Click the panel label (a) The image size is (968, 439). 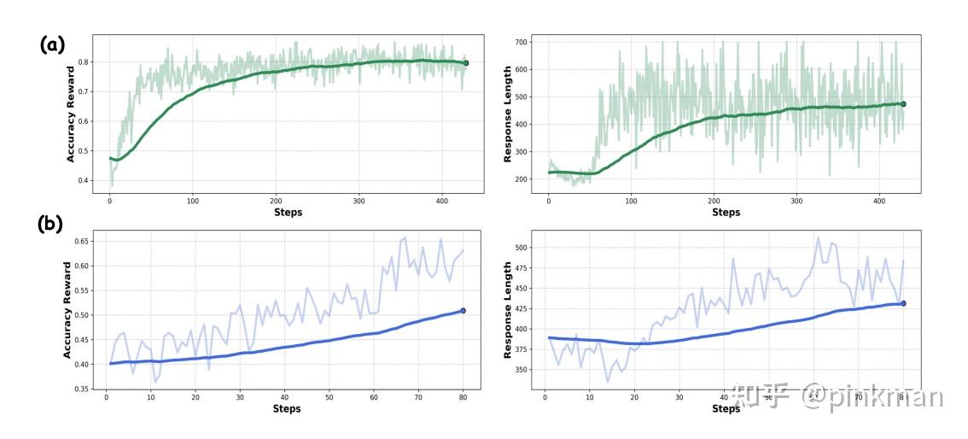[x=52, y=45]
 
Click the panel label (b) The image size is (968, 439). [x=52, y=225]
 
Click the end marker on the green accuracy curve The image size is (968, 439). [x=465, y=63]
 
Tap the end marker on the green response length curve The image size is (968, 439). [x=903, y=104]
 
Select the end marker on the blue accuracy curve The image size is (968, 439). [x=463, y=311]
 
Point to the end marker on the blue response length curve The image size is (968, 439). [x=903, y=303]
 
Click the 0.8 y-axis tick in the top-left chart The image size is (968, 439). [x=84, y=62]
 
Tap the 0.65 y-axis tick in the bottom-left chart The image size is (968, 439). [x=82, y=241]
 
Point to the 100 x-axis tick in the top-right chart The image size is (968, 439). [x=631, y=201]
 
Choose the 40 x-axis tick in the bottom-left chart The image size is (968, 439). [x=285, y=397]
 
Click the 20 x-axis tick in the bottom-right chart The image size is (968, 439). [x=634, y=397]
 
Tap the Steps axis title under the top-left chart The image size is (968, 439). [x=288, y=212]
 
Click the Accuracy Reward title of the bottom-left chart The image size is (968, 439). [x=67, y=310]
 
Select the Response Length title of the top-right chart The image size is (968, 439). [x=507, y=114]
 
